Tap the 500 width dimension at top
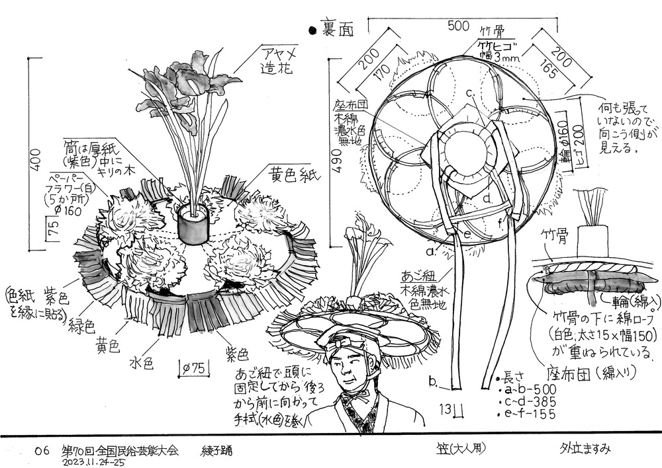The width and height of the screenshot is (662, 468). (459, 26)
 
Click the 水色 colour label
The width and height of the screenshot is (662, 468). (142, 363)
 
